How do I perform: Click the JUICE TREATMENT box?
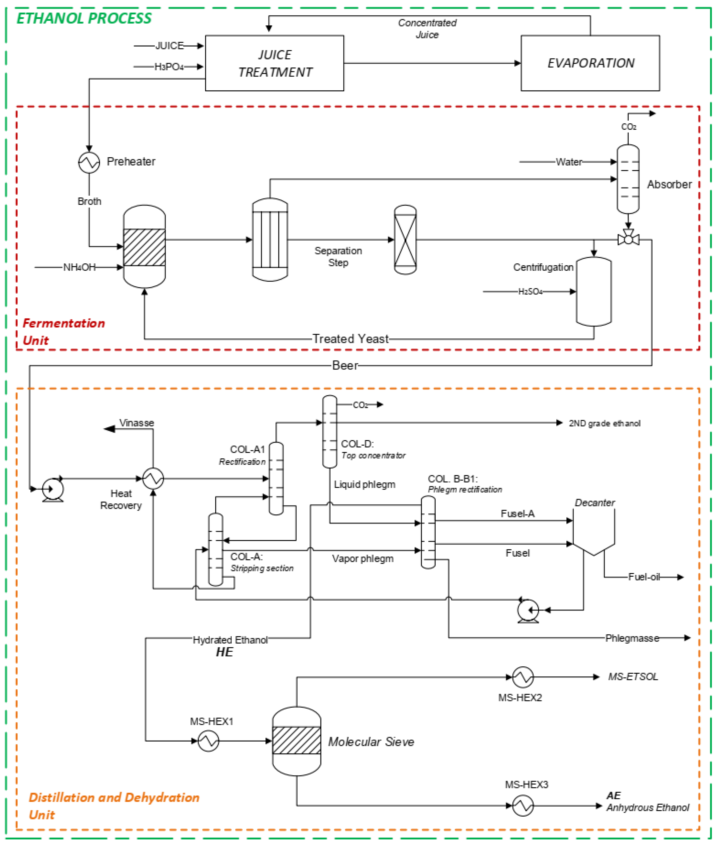tap(274, 63)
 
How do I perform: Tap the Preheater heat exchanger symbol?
tap(89, 162)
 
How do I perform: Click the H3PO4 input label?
tap(169, 67)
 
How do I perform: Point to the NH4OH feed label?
tap(80, 267)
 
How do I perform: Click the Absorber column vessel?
tap(628, 179)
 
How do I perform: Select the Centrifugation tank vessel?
tap(594, 292)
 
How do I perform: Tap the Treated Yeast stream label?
tap(350, 339)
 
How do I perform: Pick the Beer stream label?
tap(345, 366)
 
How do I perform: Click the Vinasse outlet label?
tap(136, 423)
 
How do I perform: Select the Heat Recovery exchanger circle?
tap(153, 478)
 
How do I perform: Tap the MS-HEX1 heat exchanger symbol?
tap(208, 741)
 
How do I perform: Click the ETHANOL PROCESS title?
tap(84, 18)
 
